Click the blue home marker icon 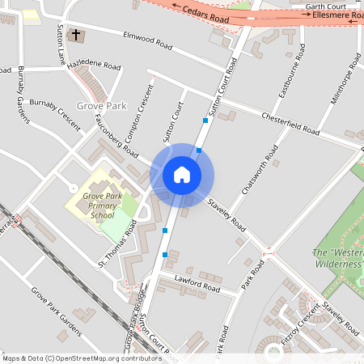click(x=182, y=175)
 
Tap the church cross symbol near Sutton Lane click(x=77, y=35)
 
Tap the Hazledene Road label click(x=94, y=65)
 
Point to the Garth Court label click(x=326, y=6)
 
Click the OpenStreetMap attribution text click(x=81, y=358)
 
